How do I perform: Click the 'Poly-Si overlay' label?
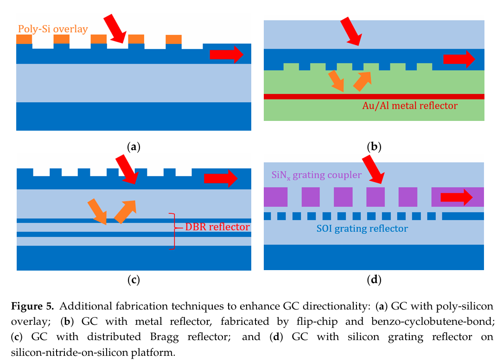click(x=53, y=29)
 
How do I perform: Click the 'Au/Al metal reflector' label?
click(x=410, y=106)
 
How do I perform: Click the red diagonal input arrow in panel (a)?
click(x=115, y=28)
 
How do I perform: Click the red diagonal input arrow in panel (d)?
click(x=373, y=171)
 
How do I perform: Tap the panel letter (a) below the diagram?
click(x=134, y=147)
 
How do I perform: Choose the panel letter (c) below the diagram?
click(x=134, y=279)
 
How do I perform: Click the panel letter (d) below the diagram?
click(x=374, y=279)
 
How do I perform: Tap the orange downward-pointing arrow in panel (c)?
click(x=97, y=211)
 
